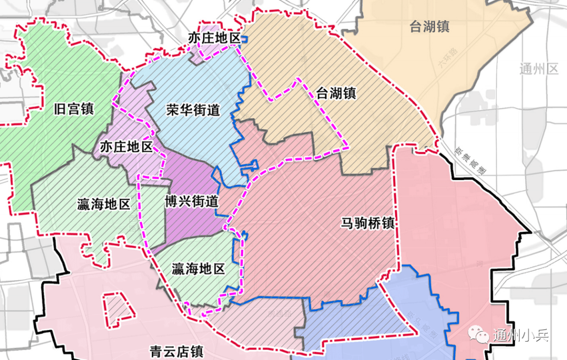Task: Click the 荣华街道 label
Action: (x=193, y=111)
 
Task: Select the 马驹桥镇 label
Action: (x=366, y=223)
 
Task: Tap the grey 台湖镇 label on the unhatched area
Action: (x=429, y=27)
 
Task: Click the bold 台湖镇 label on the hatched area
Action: (x=336, y=94)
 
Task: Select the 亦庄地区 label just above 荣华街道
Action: (x=214, y=38)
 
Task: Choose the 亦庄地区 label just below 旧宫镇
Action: (x=126, y=147)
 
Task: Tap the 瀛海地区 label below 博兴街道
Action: (x=198, y=270)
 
